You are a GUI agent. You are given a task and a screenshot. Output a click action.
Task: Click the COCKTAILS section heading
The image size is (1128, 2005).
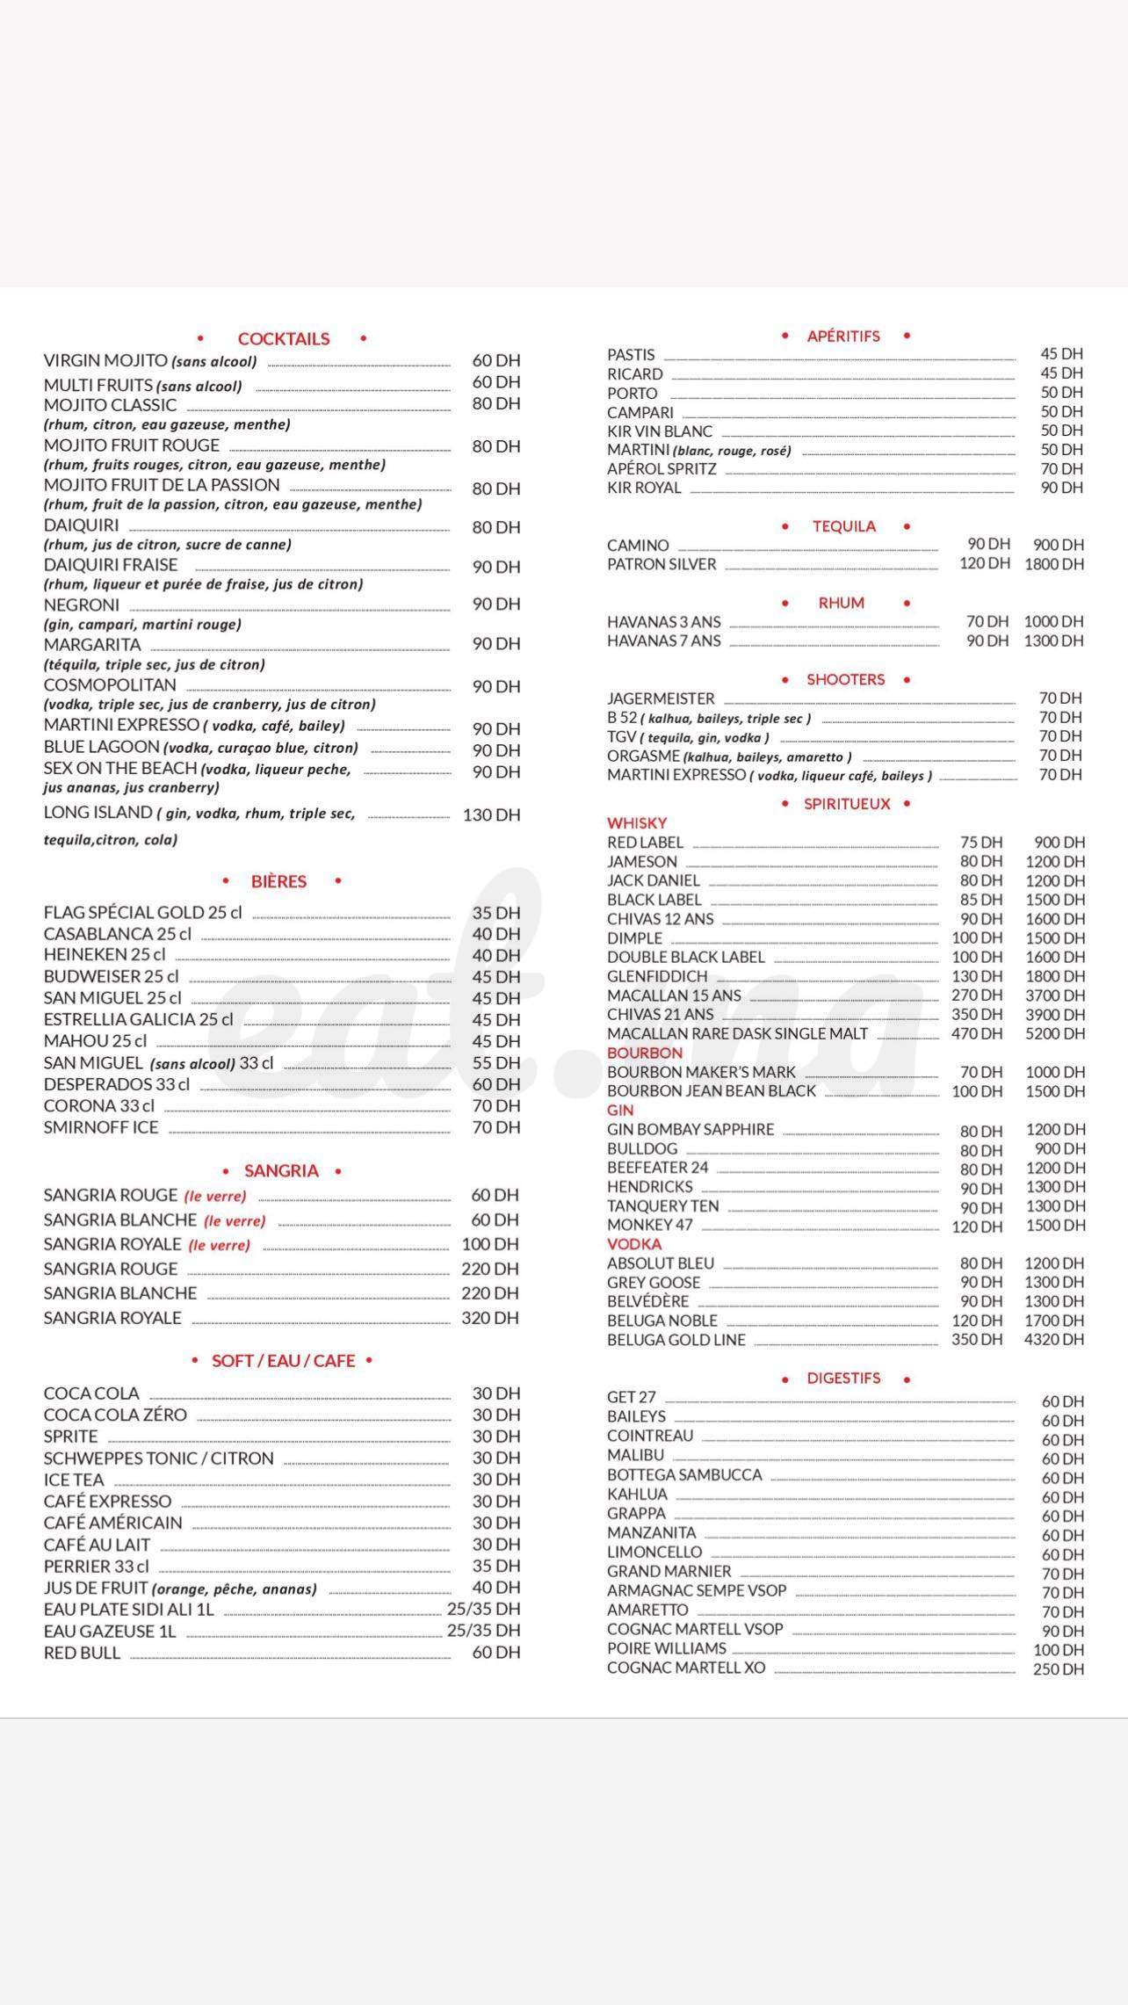pos(284,339)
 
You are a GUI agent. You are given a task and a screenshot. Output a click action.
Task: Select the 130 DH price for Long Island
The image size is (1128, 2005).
pos(491,815)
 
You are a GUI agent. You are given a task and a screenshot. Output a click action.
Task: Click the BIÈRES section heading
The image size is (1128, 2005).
pos(278,882)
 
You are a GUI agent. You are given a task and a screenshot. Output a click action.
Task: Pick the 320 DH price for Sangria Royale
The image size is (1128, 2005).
pos(490,1318)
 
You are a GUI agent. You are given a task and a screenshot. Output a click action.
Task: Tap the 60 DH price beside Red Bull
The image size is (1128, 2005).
pos(495,1653)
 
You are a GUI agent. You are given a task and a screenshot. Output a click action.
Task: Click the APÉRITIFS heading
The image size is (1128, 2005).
pos(843,337)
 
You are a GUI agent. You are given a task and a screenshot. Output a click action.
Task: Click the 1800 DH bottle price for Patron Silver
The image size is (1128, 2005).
pos(1053,564)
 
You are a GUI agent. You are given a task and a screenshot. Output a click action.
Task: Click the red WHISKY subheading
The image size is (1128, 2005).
pos(637,823)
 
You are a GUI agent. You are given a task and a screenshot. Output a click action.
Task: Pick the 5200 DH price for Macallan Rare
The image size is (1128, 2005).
pos(1054,1034)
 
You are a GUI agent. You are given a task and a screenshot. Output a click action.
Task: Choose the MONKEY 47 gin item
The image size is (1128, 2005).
pos(650,1226)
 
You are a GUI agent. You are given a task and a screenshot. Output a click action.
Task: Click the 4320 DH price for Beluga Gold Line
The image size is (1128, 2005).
pos(1054,1340)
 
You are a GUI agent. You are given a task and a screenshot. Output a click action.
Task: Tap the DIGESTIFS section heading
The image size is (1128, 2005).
pos(843,1379)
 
